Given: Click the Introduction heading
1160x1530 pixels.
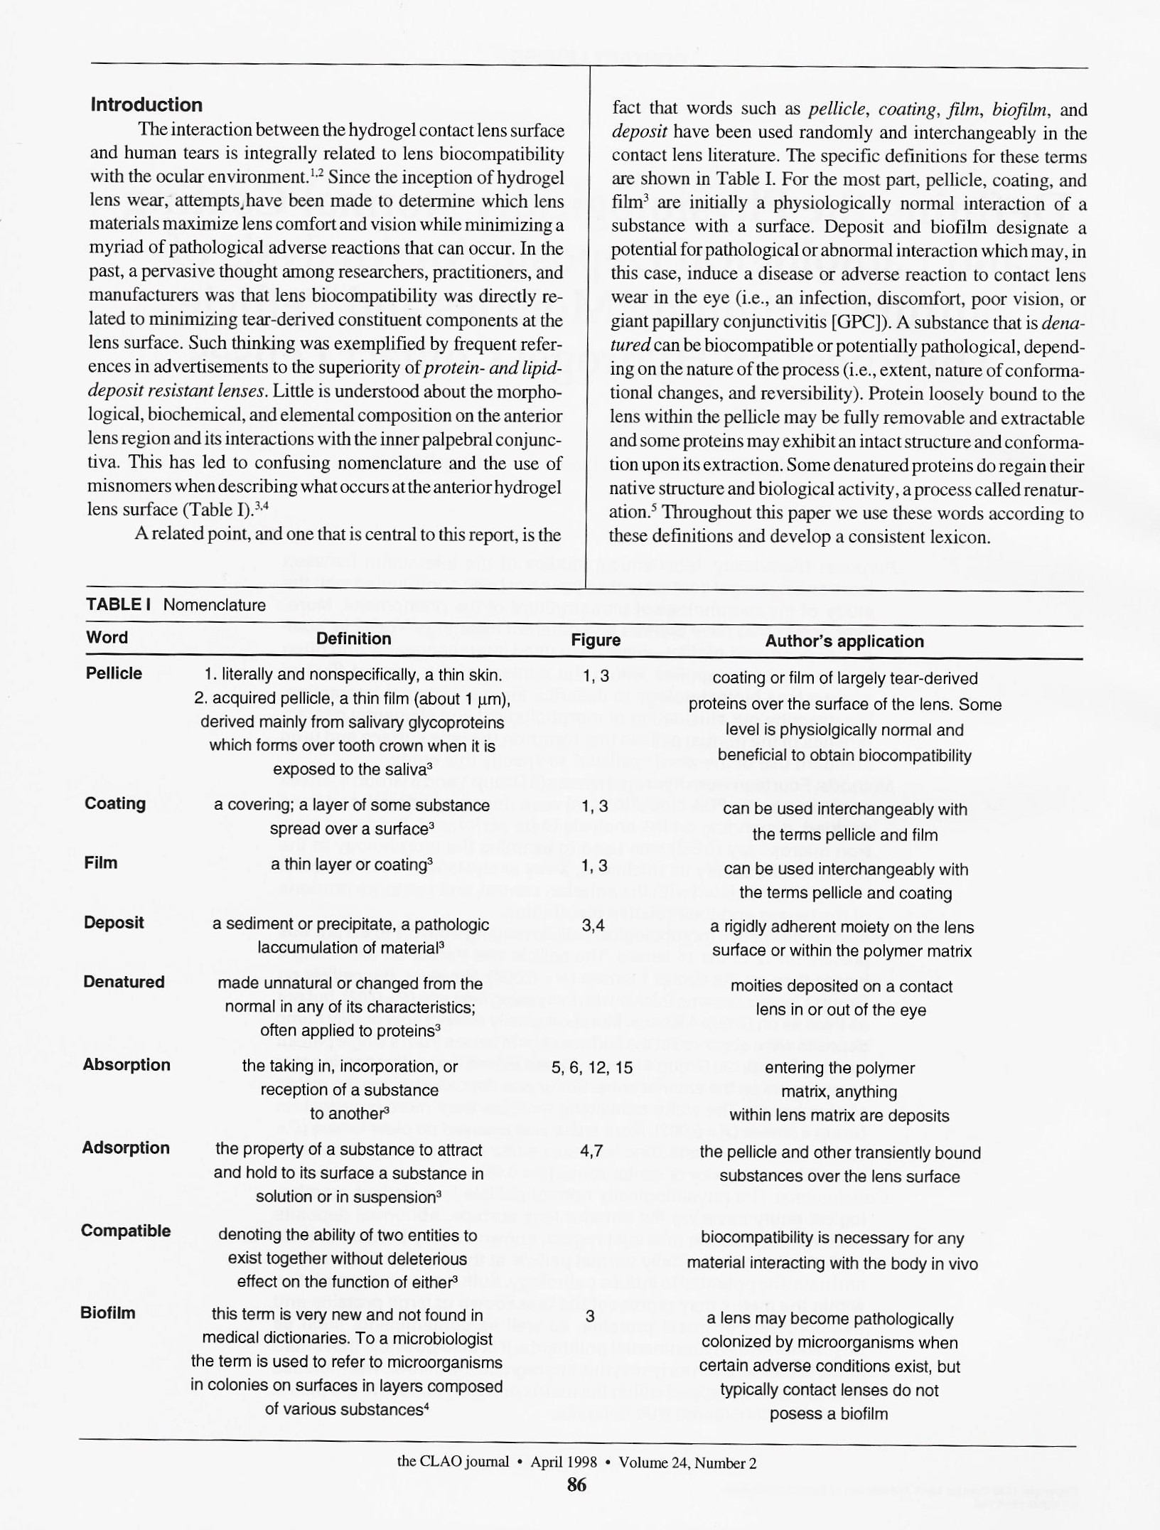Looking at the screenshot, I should point(146,105).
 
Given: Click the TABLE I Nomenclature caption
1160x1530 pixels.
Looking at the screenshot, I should point(176,605).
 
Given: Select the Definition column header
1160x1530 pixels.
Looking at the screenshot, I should point(353,638).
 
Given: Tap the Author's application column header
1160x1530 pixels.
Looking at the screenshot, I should point(844,641).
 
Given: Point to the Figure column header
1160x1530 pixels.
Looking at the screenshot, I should point(596,640).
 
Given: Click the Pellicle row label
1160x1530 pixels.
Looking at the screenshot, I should point(114,673).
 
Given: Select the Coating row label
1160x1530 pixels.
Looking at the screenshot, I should point(115,803).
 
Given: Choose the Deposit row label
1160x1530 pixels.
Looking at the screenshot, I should point(114,922).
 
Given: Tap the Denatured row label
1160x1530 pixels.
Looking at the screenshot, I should point(124,982).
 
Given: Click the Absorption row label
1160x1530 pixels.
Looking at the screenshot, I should point(127,1064).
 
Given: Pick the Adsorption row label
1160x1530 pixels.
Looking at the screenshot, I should point(126,1147).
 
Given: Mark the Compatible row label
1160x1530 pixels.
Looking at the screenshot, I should point(126,1231).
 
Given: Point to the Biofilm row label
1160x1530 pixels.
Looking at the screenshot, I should point(107,1312).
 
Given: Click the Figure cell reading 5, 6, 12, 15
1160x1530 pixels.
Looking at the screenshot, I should point(591,1068).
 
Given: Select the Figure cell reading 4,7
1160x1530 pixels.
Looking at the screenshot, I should point(591,1150).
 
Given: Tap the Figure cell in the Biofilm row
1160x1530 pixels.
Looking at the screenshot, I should point(589,1316).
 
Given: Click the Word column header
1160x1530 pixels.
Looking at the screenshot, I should point(107,637).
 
